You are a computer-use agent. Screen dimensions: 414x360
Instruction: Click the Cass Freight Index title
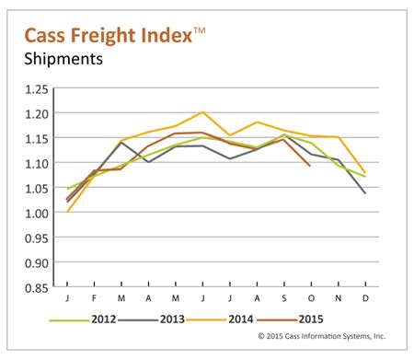point(115,35)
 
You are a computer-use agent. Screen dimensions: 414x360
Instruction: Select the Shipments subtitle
point(63,59)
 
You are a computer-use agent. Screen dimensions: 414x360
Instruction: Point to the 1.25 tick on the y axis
point(37,89)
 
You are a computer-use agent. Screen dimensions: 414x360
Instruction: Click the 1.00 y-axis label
point(37,213)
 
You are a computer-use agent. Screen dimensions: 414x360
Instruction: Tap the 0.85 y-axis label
point(37,288)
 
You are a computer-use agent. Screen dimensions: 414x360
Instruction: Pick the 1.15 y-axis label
point(37,139)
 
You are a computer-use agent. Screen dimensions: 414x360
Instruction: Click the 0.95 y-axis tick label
point(37,238)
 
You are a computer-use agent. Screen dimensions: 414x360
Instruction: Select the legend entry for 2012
point(83,319)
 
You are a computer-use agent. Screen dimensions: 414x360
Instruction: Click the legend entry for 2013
point(151,319)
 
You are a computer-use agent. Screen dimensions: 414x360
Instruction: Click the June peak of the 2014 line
point(202,112)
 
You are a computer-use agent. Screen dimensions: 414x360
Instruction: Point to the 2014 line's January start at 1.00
point(67,212)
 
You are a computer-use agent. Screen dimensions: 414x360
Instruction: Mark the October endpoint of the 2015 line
point(310,166)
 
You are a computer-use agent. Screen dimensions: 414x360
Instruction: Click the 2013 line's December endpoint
point(365,193)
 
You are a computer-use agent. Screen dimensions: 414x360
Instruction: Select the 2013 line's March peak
point(121,143)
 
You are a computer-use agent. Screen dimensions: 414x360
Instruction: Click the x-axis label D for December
point(365,298)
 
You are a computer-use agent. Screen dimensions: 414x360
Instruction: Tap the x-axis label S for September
point(284,298)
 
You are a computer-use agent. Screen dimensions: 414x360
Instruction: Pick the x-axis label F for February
point(94,298)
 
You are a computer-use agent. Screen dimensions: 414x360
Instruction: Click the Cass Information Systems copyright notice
point(322,336)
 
